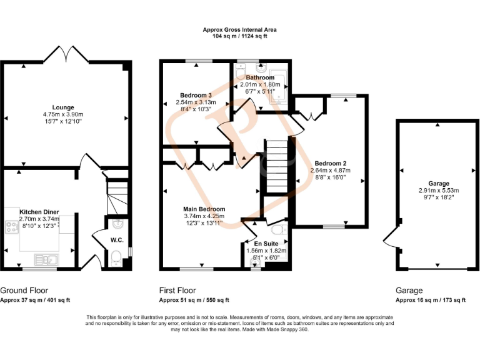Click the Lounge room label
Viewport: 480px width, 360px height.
(x=62, y=107)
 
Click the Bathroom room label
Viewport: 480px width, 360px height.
(x=260, y=77)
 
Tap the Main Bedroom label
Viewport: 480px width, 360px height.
(x=204, y=209)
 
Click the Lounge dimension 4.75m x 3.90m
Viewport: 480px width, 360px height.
(x=62, y=114)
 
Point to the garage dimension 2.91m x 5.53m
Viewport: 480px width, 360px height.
(x=439, y=190)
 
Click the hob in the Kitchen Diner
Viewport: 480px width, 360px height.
(x=11, y=227)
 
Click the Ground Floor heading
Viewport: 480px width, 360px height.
(x=24, y=291)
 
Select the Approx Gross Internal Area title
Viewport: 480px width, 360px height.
(x=240, y=29)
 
